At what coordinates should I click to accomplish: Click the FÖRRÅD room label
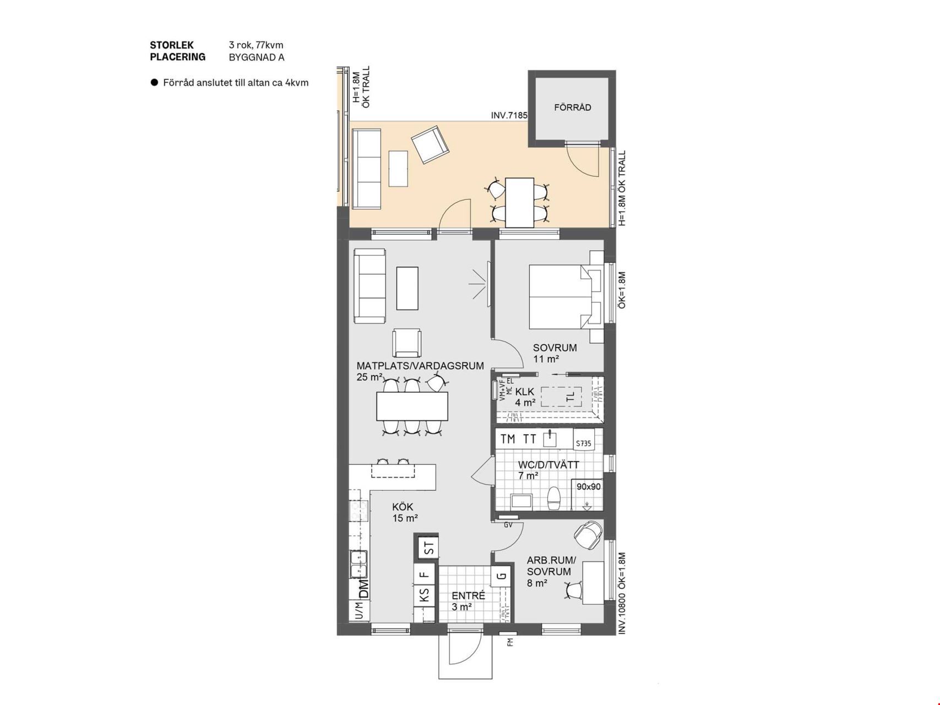572,107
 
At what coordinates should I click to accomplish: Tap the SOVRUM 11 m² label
555,354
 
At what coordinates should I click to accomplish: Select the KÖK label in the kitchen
403,507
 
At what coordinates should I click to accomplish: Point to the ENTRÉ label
468,596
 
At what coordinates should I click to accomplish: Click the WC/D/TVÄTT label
548,465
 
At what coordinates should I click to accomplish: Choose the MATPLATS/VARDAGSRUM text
420,366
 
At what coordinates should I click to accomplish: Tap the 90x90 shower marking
589,487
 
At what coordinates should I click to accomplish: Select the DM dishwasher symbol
363,589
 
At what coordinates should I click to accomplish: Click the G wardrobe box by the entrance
501,576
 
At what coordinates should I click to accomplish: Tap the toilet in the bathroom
554,498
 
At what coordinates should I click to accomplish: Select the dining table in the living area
412,406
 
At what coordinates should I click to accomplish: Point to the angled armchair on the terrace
430,145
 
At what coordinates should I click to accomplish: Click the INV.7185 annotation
509,116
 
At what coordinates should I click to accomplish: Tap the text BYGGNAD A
257,57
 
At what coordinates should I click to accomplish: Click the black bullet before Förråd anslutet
154,83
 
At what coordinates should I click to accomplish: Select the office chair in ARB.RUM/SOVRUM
588,535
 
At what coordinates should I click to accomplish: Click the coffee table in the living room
407,288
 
